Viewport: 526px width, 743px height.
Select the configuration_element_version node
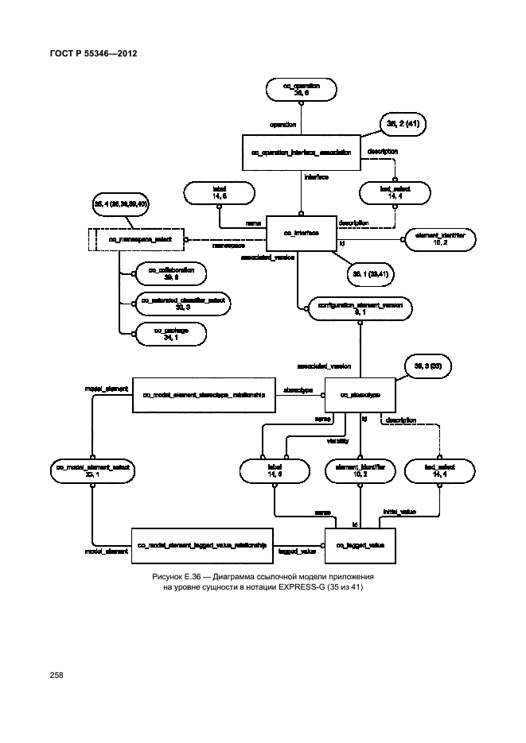[360, 308]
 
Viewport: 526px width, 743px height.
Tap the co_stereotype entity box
[360, 394]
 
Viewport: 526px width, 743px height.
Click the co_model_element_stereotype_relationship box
[203, 394]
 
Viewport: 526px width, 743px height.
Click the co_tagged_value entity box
[360, 545]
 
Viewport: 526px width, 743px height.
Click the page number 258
[56, 675]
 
